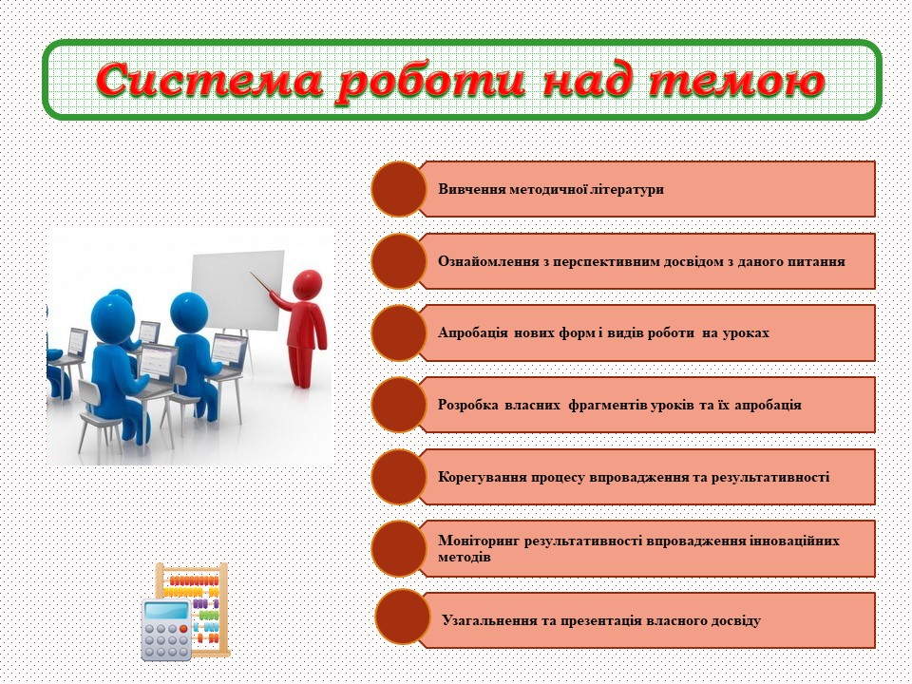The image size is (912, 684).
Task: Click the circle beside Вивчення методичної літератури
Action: click(x=398, y=188)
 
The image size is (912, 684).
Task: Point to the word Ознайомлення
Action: click(x=485, y=261)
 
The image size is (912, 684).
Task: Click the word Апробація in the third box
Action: click(x=473, y=333)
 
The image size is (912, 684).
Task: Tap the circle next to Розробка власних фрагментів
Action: click(x=398, y=404)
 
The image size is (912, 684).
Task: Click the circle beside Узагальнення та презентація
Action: click(x=403, y=618)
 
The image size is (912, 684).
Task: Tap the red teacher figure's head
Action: click(x=306, y=283)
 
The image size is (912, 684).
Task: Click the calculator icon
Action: click(x=166, y=628)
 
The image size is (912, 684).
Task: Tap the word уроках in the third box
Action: click(x=746, y=333)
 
